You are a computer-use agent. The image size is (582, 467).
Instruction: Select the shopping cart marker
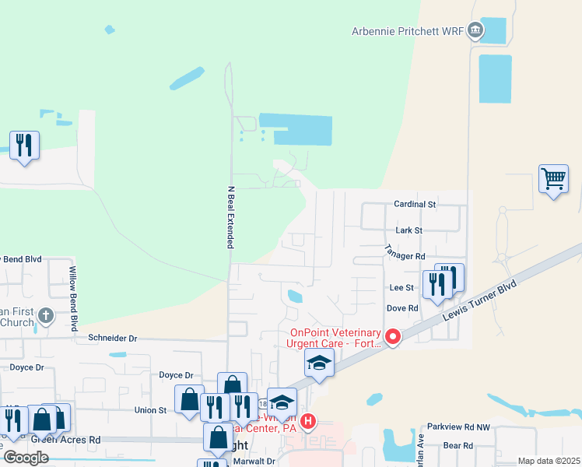[553, 179]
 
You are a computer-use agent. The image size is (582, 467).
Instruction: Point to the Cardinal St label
[415, 204]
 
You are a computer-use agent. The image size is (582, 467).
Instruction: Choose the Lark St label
[408, 230]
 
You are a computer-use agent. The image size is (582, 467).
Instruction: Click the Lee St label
[400, 287]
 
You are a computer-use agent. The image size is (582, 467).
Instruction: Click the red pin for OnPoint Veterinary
[393, 337]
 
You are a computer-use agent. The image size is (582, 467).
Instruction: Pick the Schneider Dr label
[112, 339]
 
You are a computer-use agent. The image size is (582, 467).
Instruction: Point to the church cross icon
[46, 316]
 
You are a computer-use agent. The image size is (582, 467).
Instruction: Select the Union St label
[151, 409]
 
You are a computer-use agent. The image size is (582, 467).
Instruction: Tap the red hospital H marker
[308, 423]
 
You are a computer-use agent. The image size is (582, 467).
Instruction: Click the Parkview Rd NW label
[458, 427]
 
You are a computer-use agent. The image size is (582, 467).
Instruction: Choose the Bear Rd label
[458, 446]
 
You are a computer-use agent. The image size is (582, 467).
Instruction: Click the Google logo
[26, 458]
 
